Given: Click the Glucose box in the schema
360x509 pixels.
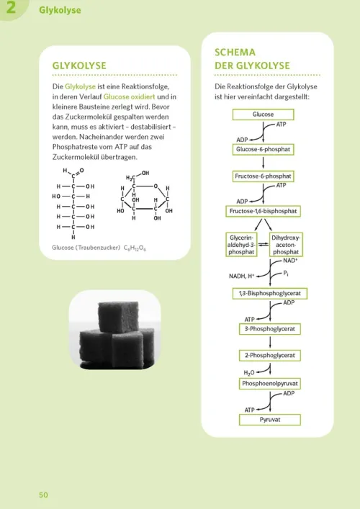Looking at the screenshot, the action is tap(263, 114).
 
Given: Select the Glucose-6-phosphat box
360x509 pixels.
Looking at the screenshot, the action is tap(263, 149).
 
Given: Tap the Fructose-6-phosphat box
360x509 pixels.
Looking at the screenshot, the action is tap(263, 176).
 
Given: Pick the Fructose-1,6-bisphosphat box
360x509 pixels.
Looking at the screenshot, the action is tap(263, 211).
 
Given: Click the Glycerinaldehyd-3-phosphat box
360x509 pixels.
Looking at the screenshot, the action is tap(241, 245).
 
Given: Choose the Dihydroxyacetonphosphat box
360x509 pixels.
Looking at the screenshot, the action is tap(286, 245).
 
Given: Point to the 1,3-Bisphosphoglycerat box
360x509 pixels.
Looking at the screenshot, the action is tap(270, 294).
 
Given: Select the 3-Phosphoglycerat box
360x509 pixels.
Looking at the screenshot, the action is tap(270, 329).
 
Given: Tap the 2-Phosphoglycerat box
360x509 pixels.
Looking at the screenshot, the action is tap(270, 355).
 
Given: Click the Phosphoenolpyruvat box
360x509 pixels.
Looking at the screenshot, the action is tap(270, 384).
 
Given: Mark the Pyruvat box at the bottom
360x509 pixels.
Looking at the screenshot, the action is tap(270, 420).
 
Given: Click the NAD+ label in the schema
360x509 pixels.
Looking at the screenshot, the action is tap(290, 261).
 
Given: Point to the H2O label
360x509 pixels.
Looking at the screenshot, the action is tap(249, 373).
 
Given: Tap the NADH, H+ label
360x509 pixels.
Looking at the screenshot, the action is tap(242, 276).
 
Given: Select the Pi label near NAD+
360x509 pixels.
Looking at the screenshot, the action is tap(286, 274).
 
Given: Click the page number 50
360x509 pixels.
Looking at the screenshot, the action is tap(43, 495).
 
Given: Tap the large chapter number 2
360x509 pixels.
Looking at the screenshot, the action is tap(11, 7).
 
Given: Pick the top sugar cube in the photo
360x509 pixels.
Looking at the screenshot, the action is tap(119, 317).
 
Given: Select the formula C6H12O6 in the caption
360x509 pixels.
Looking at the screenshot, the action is tap(135, 248).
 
